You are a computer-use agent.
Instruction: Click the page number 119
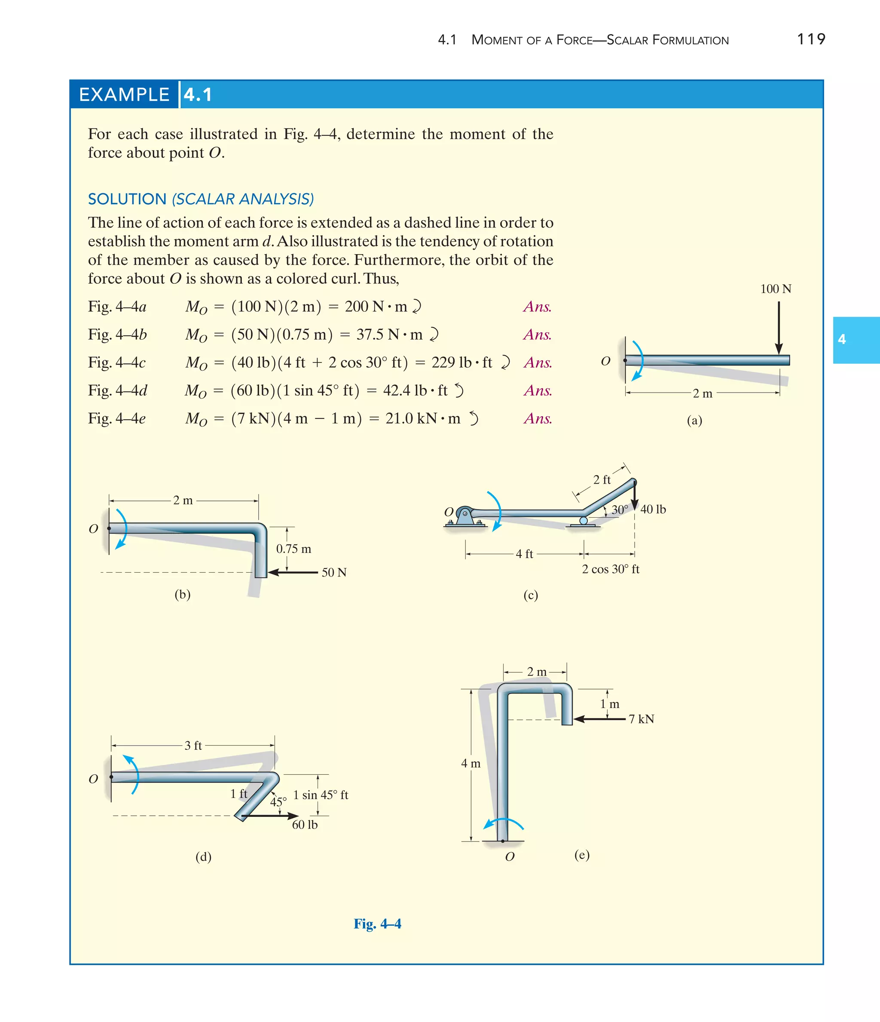(810, 39)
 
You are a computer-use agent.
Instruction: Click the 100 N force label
(776, 289)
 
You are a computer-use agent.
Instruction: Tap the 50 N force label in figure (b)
(334, 572)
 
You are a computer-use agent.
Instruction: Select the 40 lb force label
(653, 509)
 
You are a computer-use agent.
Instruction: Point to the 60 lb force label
(305, 824)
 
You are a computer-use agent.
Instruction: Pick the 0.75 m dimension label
(293, 549)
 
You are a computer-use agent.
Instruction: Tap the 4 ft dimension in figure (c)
(524, 554)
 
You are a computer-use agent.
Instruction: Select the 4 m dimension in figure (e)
(471, 764)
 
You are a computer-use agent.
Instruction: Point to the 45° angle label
(278, 802)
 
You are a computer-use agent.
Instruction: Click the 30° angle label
(620, 509)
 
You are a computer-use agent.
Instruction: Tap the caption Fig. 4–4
(377, 924)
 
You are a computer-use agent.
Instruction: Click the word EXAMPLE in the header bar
(124, 94)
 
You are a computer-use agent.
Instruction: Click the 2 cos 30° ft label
(610, 569)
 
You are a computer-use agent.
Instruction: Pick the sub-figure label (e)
(582, 854)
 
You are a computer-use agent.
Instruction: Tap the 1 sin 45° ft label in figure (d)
(321, 795)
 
